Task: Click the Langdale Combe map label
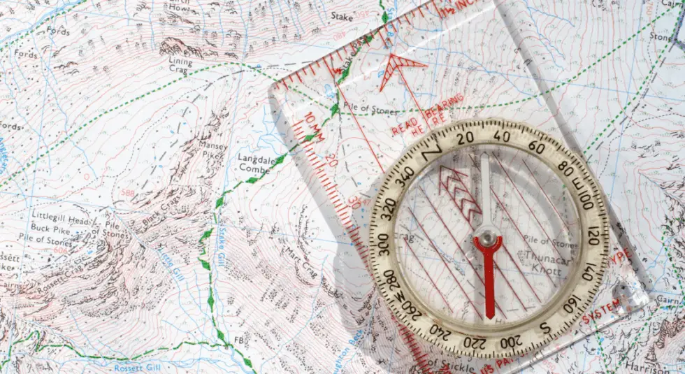(254, 163)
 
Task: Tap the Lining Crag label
(181, 66)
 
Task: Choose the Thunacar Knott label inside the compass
(535, 262)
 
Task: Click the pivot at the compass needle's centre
(488, 240)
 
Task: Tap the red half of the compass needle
(488, 280)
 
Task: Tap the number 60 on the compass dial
(537, 147)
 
